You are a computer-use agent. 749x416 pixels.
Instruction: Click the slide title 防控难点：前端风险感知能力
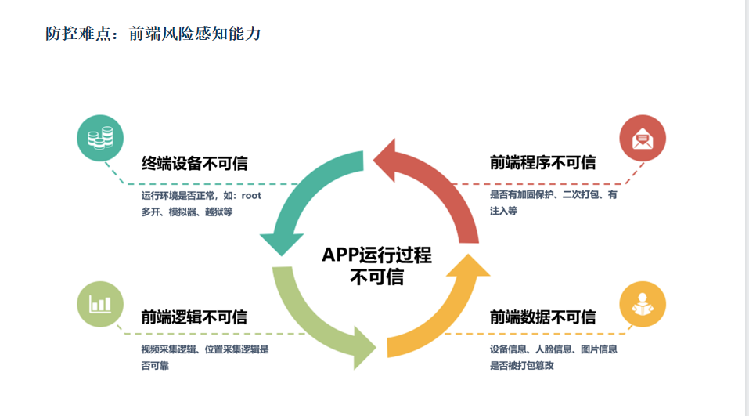[153, 34]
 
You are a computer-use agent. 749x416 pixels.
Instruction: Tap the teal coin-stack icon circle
[99, 139]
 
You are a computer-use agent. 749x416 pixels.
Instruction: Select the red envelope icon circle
[643, 139]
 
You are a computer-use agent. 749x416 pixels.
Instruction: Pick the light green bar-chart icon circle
[99, 303]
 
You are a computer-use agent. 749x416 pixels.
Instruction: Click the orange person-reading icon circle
[643, 303]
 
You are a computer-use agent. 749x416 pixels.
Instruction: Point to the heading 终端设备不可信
[194, 163]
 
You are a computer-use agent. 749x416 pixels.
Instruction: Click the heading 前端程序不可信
[542, 163]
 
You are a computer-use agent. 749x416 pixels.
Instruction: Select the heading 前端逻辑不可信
[194, 317]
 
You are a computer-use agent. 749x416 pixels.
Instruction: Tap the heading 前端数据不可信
[542, 317]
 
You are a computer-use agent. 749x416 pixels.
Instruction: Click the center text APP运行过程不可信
[376, 266]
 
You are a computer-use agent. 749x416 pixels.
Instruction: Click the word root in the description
[250, 196]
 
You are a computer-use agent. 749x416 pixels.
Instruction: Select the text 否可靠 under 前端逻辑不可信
[156, 365]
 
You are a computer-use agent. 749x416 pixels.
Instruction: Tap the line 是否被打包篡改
[521, 365]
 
